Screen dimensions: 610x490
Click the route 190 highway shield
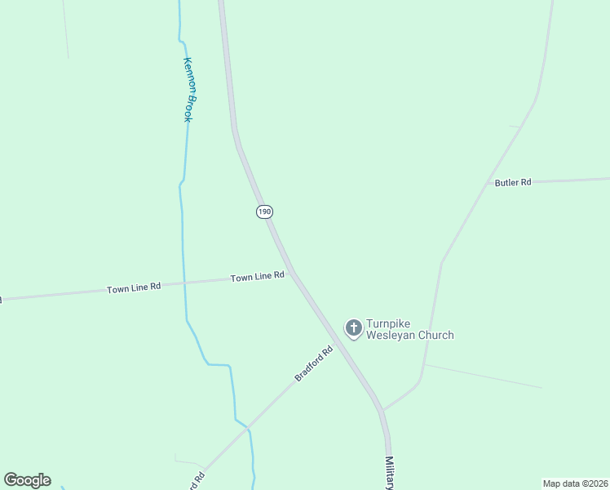[x=263, y=212]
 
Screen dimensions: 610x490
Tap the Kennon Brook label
[x=188, y=90]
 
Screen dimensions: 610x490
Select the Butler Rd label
[x=513, y=182]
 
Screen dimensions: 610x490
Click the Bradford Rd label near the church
[x=314, y=364]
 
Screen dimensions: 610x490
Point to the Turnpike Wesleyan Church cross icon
[x=354, y=328]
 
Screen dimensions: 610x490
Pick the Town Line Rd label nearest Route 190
[x=257, y=277]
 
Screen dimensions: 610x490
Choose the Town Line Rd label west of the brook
[x=134, y=288]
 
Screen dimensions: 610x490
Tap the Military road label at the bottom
[x=391, y=473]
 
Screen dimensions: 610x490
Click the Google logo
[x=27, y=480]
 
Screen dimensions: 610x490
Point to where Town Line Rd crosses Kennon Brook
[x=183, y=283]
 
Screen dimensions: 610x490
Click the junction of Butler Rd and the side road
[x=489, y=183]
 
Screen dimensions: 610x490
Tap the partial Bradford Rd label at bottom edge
[x=195, y=480]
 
